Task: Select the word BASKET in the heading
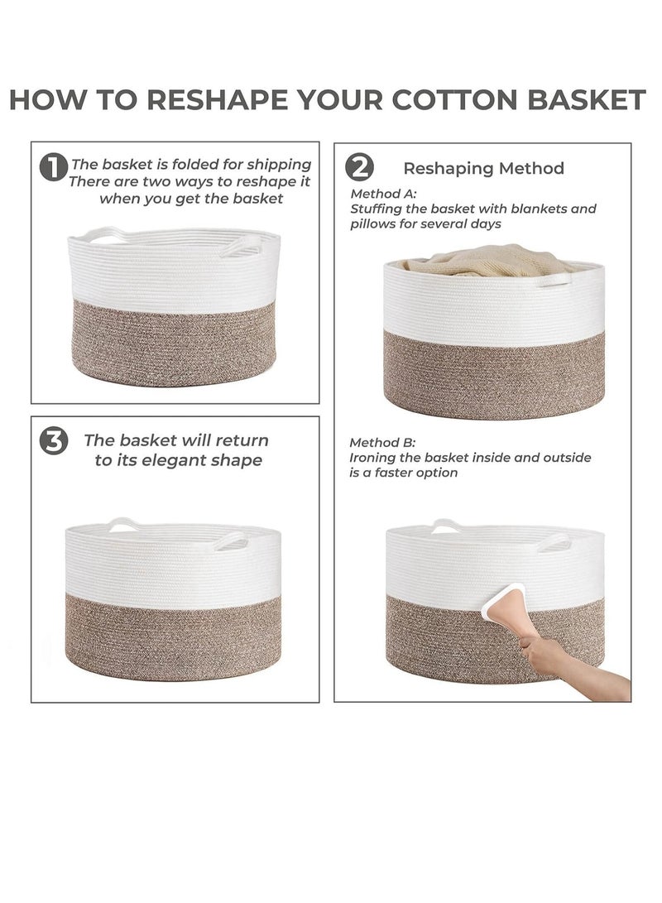586,100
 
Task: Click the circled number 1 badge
53,167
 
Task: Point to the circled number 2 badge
359,168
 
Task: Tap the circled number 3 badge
54,442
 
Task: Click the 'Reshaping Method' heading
483,169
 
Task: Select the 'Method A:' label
383,194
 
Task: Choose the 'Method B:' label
382,443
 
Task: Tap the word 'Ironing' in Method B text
371,459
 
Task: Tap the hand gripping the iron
538,651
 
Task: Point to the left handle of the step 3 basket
123,524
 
